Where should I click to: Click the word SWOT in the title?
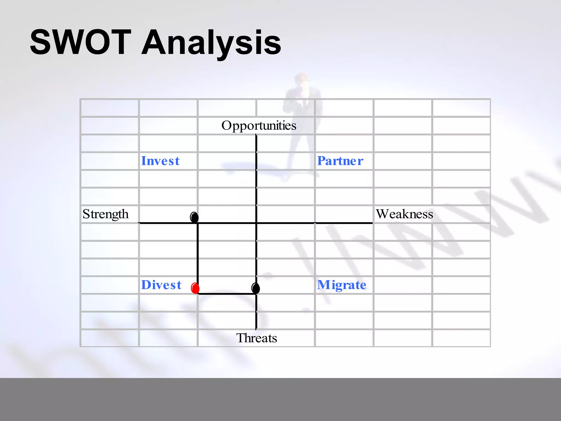click(x=81, y=42)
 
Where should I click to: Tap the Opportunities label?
click(x=259, y=126)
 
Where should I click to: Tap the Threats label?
click(x=256, y=338)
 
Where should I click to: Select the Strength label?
click(x=105, y=214)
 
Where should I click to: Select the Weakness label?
click(x=404, y=214)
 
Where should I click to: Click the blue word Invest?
click(x=160, y=161)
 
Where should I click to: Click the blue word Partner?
click(x=340, y=161)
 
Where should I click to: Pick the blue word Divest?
click(x=161, y=285)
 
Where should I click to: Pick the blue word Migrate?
click(x=342, y=285)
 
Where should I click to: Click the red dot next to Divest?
click(x=195, y=288)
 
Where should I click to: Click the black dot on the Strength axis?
click(x=194, y=217)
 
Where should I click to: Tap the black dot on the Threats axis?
click(x=256, y=288)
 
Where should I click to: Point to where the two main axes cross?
click(x=256, y=223)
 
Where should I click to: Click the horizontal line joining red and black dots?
click(x=226, y=294)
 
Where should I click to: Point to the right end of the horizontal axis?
click(x=371, y=223)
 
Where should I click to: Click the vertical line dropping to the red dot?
click(x=198, y=255)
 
